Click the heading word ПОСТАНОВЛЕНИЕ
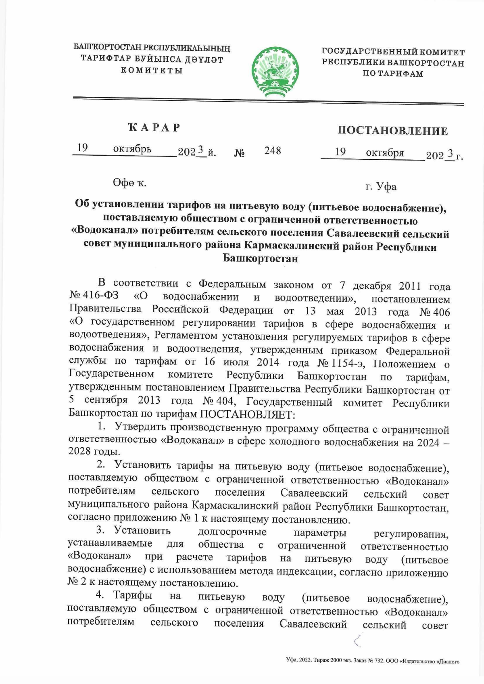pyautogui.click(x=392, y=131)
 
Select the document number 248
pyautogui.click(x=273, y=151)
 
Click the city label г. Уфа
pyautogui.click(x=381, y=187)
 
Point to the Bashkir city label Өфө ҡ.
pyautogui.click(x=129, y=183)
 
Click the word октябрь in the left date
pyautogui.click(x=132, y=149)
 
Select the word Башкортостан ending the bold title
pyautogui.click(x=260, y=258)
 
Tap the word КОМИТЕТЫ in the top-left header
pyautogui.click(x=152, y=70)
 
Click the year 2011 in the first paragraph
pyautogui.click(x=410, y=286)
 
